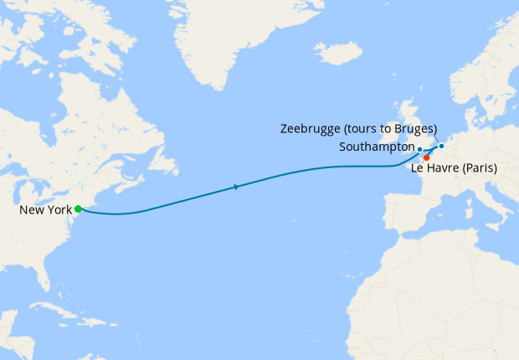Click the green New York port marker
pyautogui.click(x=78, y=208)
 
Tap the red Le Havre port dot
pyautogui.click(x=427, y=157)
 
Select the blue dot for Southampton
pyautogui.click(x=419, y=148)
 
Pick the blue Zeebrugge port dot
pyautogui.click(x=441, y=146)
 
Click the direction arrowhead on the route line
pyautogui.click(x=238, y=187)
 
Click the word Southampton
pyautogui.click(x=378, y=147)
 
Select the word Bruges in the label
pyautogui.click(x=415, y=129)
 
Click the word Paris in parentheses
pyautogui.click(x=480, y=168)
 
